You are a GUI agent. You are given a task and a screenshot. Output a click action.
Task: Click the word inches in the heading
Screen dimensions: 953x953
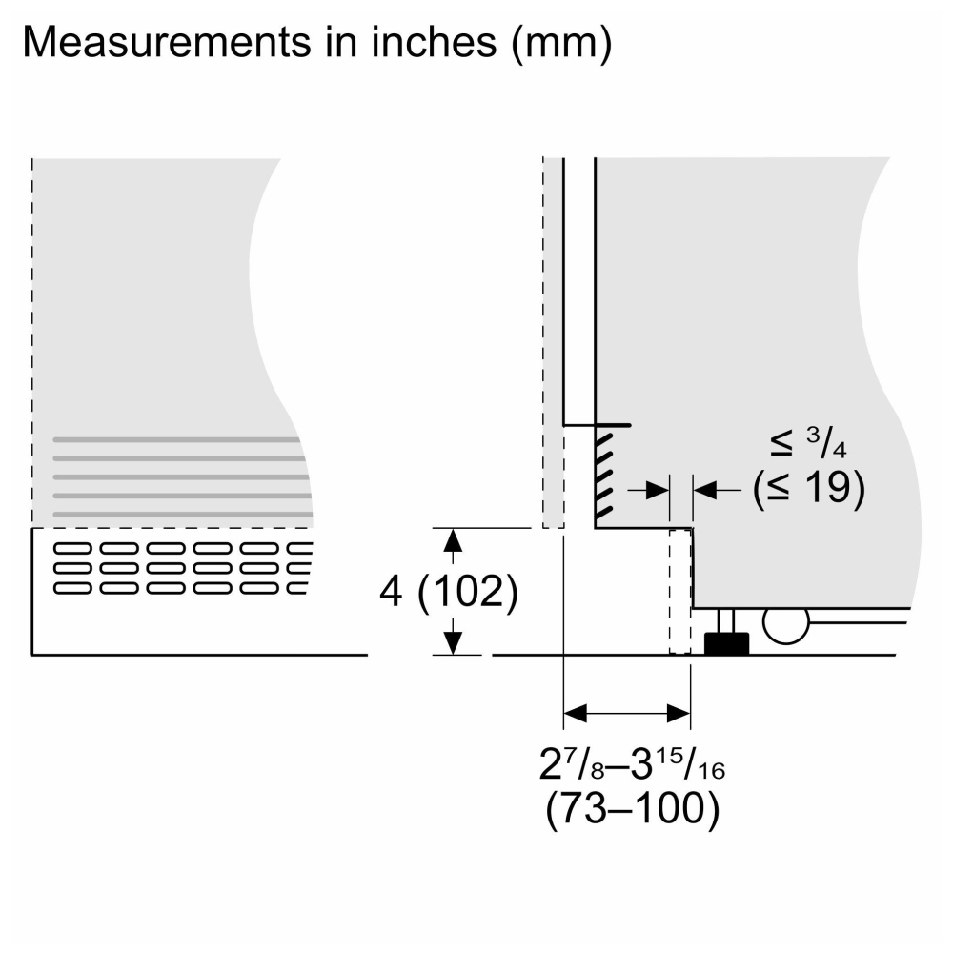434,43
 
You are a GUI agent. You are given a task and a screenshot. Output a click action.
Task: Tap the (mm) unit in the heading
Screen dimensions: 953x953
561,44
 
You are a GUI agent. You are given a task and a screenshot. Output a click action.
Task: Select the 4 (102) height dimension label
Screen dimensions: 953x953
449,591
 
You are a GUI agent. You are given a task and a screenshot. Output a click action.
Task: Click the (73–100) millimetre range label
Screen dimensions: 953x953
632,808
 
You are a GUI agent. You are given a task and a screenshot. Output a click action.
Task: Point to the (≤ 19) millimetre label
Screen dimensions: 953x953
808,488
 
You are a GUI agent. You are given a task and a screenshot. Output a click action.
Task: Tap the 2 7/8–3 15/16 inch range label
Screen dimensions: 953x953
632,763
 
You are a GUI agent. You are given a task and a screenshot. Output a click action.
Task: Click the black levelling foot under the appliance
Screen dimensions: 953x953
726,642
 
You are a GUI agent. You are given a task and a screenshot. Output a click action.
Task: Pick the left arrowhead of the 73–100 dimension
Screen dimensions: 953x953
576,713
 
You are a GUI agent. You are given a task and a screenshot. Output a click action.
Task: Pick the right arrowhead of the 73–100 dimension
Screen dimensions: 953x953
679,713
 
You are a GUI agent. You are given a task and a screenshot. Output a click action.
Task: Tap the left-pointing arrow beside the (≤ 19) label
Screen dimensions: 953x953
718,489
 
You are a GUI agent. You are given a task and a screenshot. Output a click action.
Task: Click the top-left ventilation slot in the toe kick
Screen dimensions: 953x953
72,548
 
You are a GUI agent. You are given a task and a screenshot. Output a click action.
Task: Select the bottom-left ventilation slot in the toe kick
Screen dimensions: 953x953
72,588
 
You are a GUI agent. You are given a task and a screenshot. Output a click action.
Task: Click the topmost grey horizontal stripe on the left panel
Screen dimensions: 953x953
176,439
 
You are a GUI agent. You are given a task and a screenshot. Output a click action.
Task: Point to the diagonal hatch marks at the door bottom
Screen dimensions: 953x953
603,474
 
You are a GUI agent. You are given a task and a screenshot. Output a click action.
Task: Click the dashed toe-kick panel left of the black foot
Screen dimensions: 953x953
680,592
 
